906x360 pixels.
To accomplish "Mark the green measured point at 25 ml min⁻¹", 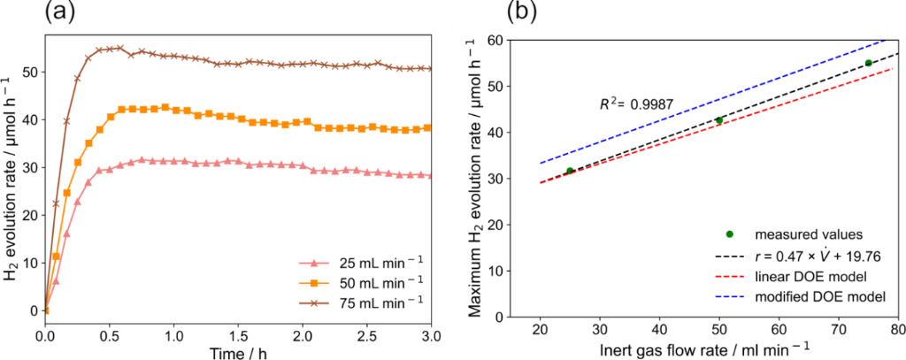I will point(570,171).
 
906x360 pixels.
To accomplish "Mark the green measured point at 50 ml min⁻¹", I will point(719,120).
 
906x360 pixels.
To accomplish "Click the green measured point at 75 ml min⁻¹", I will point(868,63).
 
